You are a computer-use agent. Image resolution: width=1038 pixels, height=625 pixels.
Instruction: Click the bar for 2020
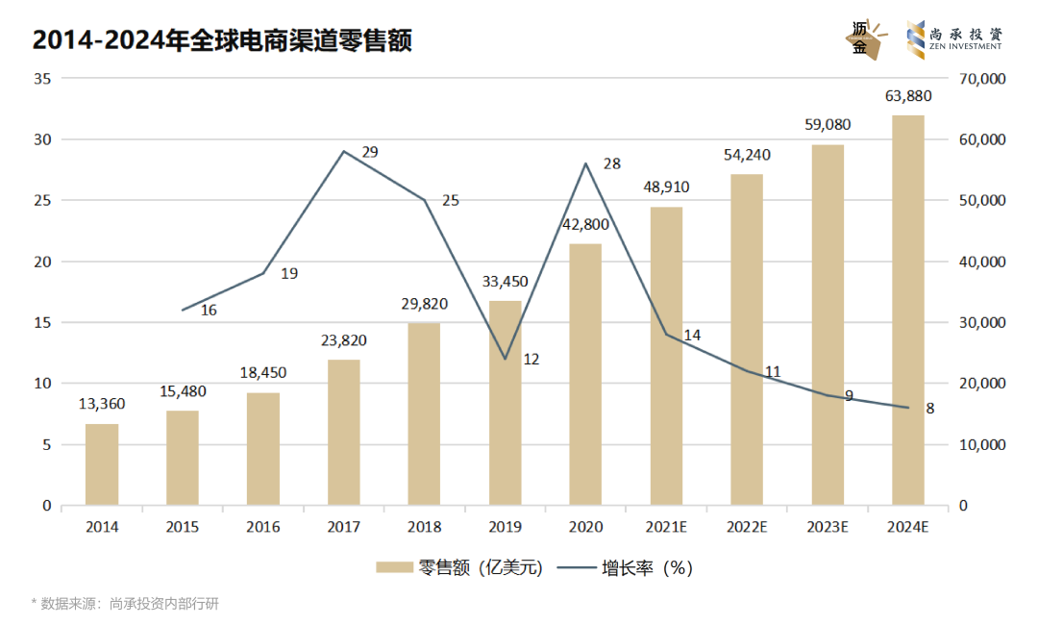coord(585,375)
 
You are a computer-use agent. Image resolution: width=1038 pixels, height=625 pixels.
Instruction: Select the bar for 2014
coord(102,464)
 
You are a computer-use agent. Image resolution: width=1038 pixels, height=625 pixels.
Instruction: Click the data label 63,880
coord(908,95)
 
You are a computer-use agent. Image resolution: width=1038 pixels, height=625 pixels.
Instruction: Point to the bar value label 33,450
coord(505,282)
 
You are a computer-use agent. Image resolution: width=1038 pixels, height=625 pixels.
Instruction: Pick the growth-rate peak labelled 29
coord(344,151)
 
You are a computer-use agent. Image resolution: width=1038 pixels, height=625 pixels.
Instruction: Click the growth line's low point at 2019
coord(505,359)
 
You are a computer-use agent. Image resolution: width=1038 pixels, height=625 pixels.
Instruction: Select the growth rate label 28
coord(611,164)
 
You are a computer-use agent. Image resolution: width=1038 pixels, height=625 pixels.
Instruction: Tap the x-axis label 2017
coord(343,527)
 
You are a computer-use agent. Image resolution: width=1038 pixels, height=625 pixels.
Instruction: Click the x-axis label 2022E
coord(747,527)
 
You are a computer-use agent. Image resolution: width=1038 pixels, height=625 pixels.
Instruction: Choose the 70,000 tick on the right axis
coord(982,79)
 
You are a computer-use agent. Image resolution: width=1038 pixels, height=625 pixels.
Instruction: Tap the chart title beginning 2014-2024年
coord(222,40)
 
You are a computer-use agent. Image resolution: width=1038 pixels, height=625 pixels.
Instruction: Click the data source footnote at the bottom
coord(125,604)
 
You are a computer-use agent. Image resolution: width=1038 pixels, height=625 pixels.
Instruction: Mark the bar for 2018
coord(424,413)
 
